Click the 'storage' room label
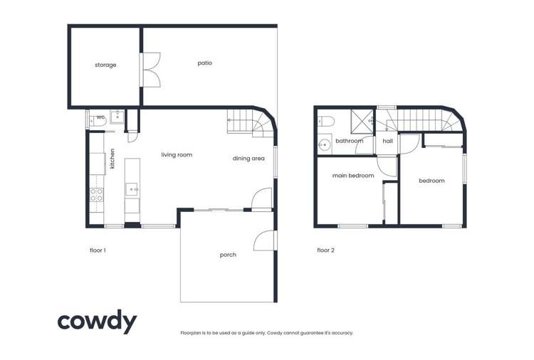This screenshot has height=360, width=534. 105,65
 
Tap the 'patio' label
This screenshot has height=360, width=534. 205,63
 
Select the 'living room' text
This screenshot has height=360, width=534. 177,155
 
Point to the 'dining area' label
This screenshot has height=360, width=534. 246,159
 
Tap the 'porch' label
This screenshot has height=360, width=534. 228,255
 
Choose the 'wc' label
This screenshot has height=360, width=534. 101,117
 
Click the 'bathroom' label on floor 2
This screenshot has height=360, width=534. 350,141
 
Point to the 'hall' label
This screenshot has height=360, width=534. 388,141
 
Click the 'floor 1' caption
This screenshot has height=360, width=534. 98,250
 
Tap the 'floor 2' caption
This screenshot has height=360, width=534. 326,250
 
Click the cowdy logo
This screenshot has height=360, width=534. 97,322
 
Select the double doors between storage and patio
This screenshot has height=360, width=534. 151,69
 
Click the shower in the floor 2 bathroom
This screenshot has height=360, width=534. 362,120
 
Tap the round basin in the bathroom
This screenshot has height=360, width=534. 325,143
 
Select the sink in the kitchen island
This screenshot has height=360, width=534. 132,189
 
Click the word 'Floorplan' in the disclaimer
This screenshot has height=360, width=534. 193,333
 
